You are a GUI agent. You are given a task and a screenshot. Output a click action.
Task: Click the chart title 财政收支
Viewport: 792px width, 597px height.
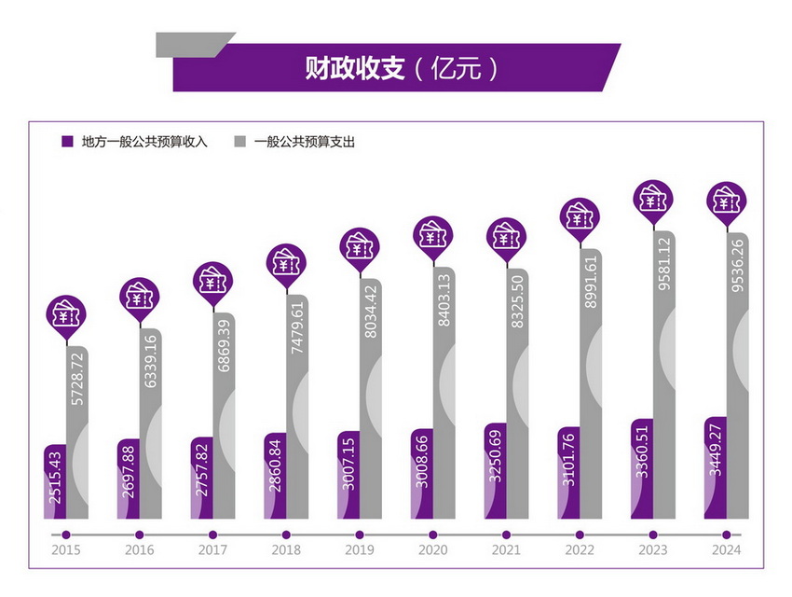355,68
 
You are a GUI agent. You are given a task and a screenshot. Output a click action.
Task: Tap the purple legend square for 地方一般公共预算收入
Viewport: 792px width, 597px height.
67,142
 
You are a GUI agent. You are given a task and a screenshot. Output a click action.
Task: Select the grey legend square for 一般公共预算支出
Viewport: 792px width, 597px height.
239,142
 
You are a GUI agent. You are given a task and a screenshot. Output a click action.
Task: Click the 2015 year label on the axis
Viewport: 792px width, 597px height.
66,551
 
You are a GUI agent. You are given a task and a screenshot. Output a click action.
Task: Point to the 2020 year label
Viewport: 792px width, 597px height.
432,551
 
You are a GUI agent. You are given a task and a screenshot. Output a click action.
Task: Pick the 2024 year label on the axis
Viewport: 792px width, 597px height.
725,551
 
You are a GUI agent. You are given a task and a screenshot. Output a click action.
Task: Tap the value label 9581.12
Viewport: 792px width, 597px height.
664,271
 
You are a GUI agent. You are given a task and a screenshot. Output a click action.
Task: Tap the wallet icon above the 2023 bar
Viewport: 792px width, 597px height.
653,199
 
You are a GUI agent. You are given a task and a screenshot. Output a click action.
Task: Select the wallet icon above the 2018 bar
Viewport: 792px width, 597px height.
286,264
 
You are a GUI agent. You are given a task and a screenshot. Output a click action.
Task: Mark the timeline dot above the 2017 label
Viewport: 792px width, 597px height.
212,535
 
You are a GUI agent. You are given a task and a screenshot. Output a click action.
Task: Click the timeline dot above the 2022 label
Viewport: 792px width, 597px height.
580,535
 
